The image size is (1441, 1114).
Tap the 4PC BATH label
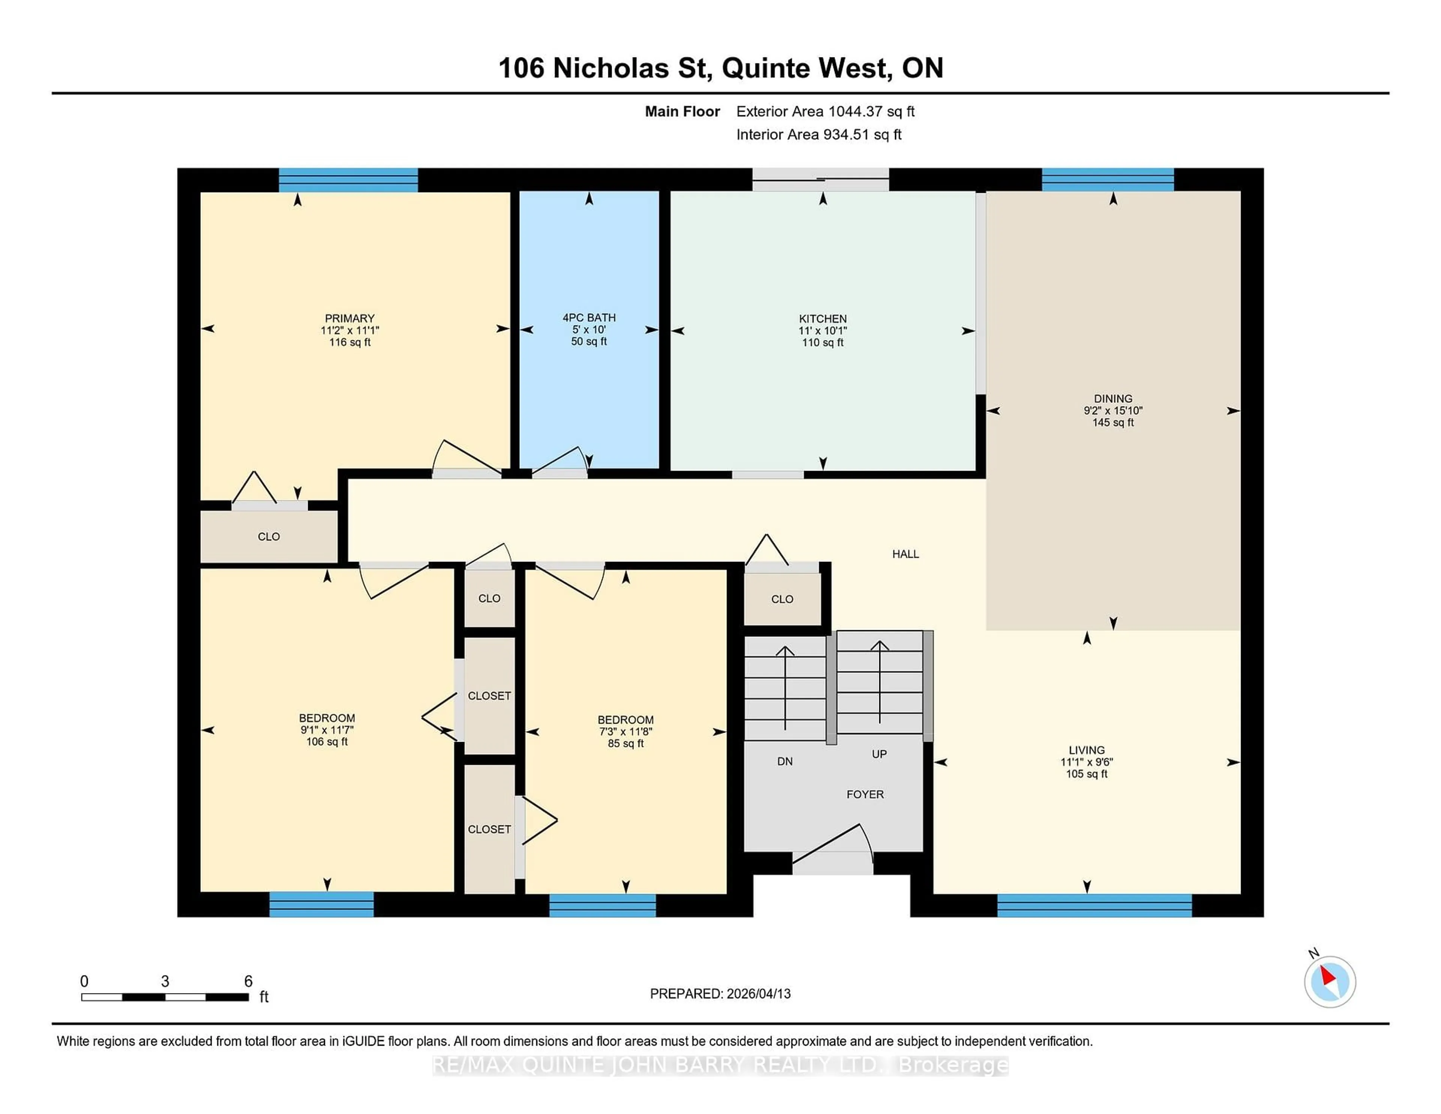pos(588,318)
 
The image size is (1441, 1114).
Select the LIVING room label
pos(1086,750)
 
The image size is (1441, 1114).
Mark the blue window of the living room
pos(1094,905)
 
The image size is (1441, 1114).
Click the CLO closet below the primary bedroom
pos(269,536)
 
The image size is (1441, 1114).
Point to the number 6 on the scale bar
pos(248,982)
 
